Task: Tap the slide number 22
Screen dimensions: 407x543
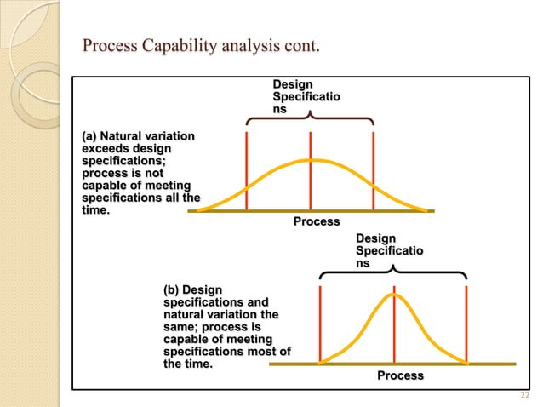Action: (x=523, y=394)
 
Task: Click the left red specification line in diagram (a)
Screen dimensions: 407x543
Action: (x=247, y=170)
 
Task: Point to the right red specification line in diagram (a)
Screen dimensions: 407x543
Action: (x=374, y=170)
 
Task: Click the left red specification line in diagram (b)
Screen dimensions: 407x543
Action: (x=319, y=324)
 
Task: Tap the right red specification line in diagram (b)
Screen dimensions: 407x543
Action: (x=467, y=324)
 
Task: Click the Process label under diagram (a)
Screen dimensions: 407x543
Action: (x=317, y=221)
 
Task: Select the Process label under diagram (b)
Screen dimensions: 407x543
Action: (x=400, y=375)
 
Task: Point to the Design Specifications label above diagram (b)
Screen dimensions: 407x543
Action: (x=388, y=250)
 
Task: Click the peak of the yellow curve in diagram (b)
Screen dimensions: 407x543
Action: (x=394, y=295)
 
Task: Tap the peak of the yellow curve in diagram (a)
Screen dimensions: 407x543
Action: (x=311, y=160)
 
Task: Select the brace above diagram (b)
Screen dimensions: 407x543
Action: (x=393, y=272)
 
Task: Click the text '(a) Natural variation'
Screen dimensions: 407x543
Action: (x=136, y=136)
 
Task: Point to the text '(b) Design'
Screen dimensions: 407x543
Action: (x=192, y=290)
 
